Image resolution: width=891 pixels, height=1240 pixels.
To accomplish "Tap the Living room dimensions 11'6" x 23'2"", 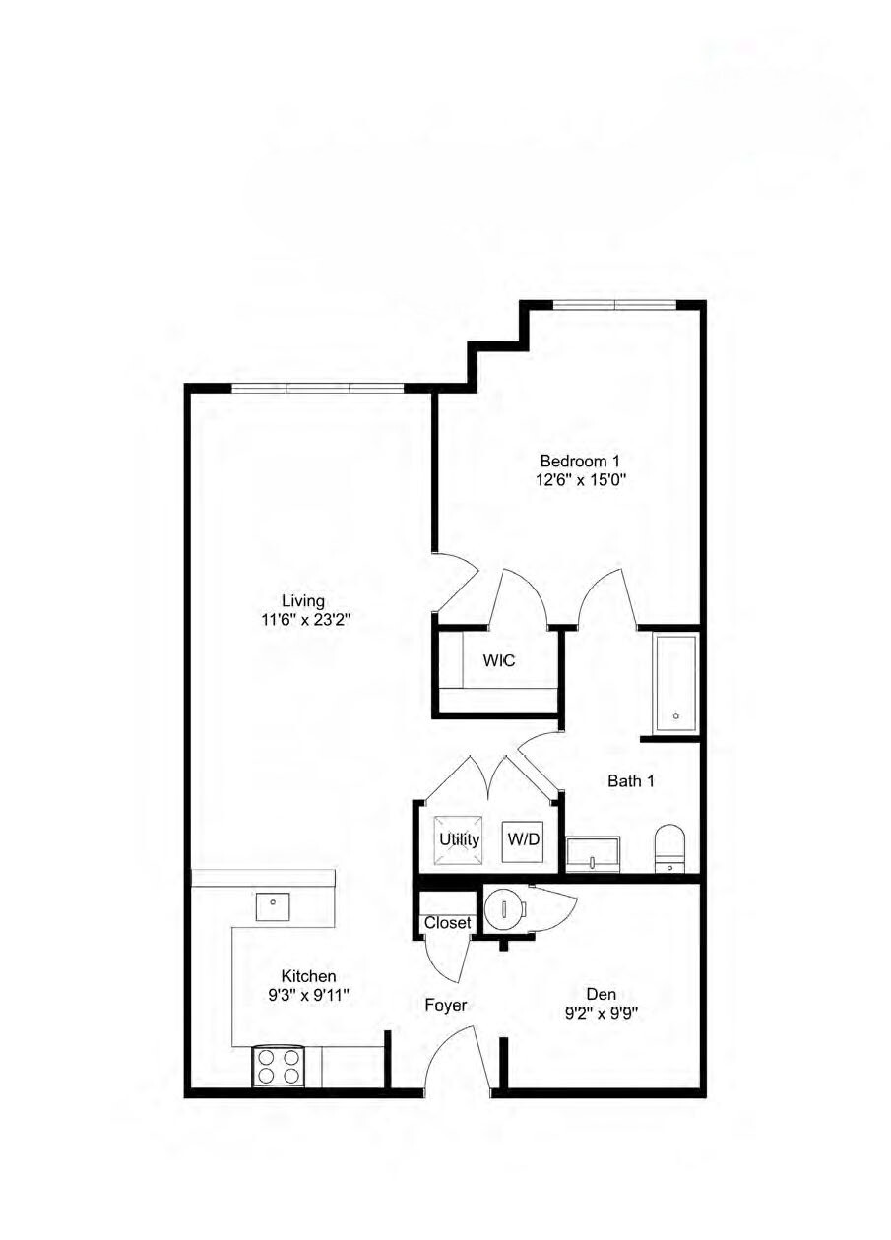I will (x=303, y=620).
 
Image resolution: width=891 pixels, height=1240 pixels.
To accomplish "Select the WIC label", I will (x=498, y=660).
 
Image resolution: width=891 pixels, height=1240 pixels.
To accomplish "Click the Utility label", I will (x=459, y=839).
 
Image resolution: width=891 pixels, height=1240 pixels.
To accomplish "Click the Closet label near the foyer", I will (x=448, y=923).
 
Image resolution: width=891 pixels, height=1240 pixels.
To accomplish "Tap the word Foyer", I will (x=445, y=1005).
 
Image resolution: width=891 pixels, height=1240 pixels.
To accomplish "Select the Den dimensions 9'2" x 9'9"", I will (x=600, y=1014).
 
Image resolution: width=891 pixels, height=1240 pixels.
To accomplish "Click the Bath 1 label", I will (x=630, y=781).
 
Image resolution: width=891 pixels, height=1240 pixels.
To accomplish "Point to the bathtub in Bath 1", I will (x=675, y=682).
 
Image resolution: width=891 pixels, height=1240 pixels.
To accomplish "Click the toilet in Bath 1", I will (x=669, y=848).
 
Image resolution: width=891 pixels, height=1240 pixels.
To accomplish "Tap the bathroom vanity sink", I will (x=593, y=854).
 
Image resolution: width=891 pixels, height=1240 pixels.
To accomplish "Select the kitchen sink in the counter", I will (x=272, y=906).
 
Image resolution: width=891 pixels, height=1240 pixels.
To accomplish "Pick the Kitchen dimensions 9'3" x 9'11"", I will (x=308, y=995).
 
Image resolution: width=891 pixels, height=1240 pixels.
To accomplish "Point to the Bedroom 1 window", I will (x=614, y=304).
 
